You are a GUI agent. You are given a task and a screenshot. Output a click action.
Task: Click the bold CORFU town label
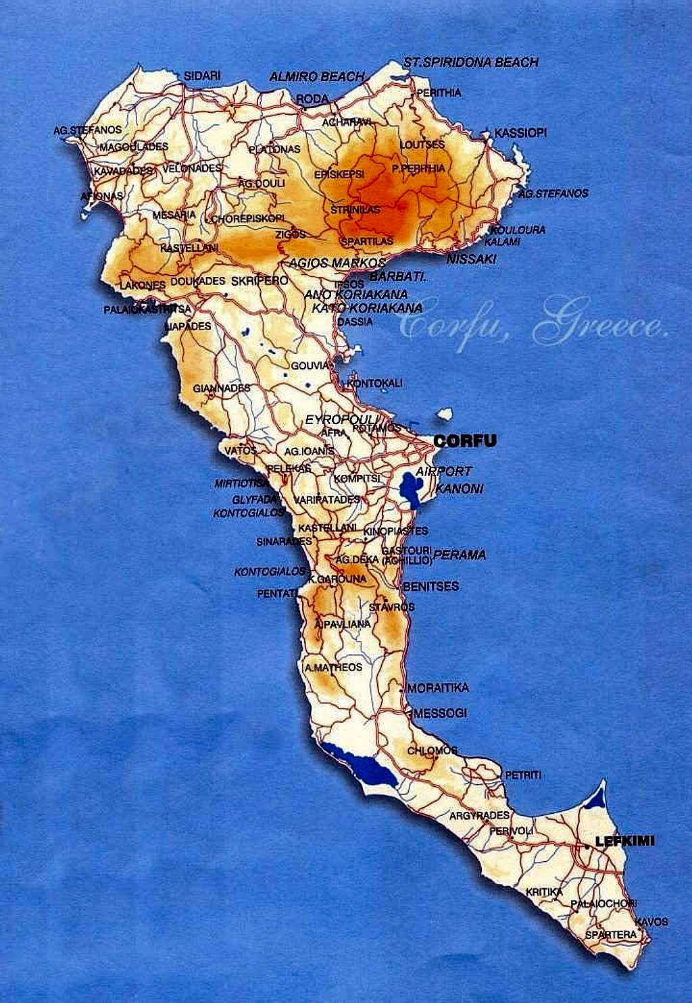pyautogui.click(x=465, y=441)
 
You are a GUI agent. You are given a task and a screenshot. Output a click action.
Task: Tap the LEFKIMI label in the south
pyautogui.click(x=624, y=842)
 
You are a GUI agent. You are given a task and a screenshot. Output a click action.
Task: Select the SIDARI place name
pyautogui.click(x=202, y=76)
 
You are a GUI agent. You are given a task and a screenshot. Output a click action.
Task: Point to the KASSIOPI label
pyautogui.click(x=520, y=132)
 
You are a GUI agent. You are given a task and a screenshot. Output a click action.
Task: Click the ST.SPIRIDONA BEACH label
pyautogui.click(x=471, y=62)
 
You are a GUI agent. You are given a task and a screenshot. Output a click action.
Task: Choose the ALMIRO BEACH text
pyautogui.click(x=317, y=76)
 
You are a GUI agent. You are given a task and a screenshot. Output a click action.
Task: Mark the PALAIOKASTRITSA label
pyautogui.click(x=147, y=309)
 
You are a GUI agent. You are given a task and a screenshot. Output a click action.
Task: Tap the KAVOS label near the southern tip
pyautogui.click(x=651, y=921)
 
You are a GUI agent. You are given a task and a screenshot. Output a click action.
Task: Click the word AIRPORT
pyautogui.click(x=443, y=471)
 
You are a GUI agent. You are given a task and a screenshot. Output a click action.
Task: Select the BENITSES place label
pyautogui.click(x=430, y=586)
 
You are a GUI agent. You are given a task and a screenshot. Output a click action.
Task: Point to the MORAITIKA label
pyautogui.click(x=438, y=688)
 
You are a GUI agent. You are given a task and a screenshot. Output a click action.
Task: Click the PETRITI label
pyautogui.click(x=523, y=775)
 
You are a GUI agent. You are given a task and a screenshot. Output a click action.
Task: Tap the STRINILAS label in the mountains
pyautogui.click(x=355, y=210)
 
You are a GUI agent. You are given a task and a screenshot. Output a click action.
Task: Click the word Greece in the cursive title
pyautogui.click(x=600, y=326)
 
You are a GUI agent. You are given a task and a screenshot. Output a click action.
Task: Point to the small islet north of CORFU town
pyautogui.click(x=444, y=413)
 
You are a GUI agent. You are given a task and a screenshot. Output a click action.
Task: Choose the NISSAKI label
pyautogui.click(x=471, y=259)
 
